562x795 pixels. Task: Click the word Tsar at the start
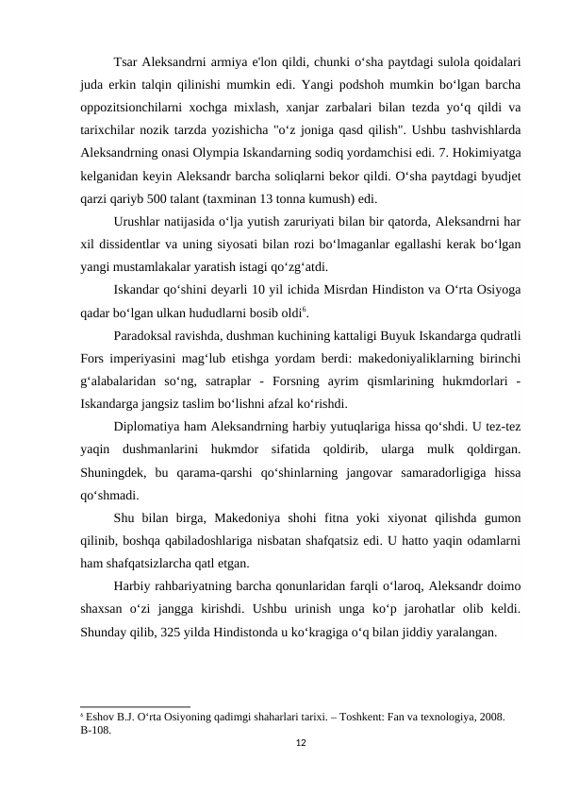[124, 63]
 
